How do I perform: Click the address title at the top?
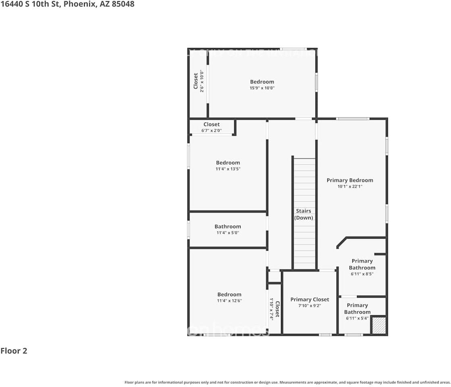click(67, 4)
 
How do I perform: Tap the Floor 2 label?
click(14, 351)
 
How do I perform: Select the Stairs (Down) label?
click(303, 214)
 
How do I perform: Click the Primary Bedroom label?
click(350, 180)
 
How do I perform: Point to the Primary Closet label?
click(310, 299)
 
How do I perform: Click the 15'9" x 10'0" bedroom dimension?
click(262, 88)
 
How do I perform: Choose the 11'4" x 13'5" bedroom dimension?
click(228, 169)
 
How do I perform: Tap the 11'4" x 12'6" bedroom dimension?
click(229, 301)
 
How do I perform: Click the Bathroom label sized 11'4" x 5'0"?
click(228, 227)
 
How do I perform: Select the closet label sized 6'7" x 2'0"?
click(212, 124)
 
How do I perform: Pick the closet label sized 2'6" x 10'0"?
click(196, 81)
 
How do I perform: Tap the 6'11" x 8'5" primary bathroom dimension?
click(362, 274)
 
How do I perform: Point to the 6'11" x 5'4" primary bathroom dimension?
click(357, 318)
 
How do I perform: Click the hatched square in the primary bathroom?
click(378, 325)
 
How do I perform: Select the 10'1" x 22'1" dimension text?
click(350, 187)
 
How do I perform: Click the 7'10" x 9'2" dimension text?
click(310, 306)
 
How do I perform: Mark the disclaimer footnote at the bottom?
click(287, 382)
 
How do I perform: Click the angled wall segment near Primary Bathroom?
click(341, 242)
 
